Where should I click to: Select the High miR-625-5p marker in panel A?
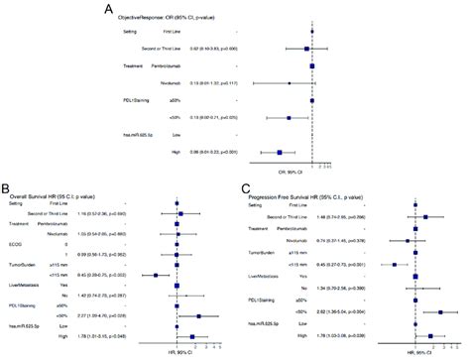tap(280, 152)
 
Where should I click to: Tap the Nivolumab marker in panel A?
tap(289, 82)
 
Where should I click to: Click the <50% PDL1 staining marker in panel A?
tap(289, 117)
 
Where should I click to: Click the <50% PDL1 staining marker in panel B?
tap(198, 316)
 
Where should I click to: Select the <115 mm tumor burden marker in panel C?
tap(395, 264)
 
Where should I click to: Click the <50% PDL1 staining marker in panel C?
tap(439, 311)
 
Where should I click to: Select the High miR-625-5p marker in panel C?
tap(430, 336)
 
